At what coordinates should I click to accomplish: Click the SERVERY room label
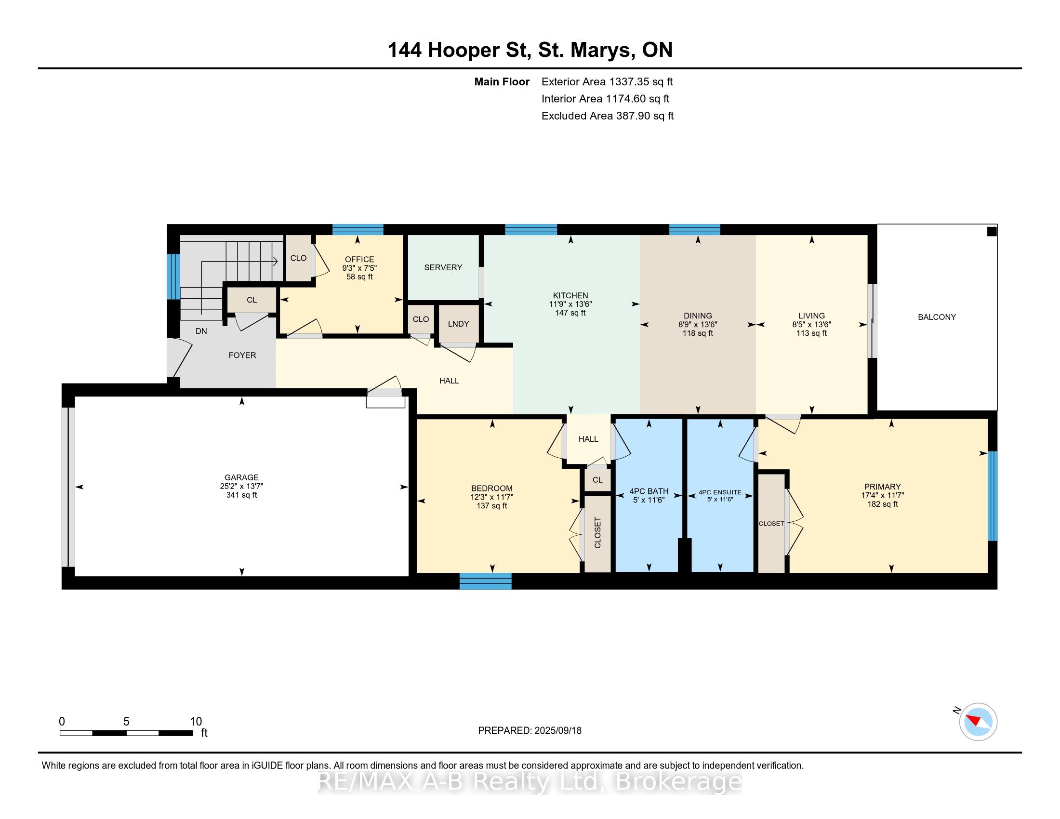pyautogui.click(x=443, y=267)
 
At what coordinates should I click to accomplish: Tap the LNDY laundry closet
pyautogui.click(x=458, y=324)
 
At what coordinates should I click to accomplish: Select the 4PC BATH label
pyautogui.click(x=649, y=491)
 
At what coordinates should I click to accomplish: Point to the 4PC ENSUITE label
pyautogui.click(x=720, y=492)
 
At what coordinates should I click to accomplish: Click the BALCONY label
pyautogui.click(x=937, y=317)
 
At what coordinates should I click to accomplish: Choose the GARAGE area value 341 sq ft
pyautogui.click(x=241, y=495)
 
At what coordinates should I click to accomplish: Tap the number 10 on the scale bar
pyautogui.click(x=196, y=721)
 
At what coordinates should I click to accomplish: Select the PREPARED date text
pyautogui.click(x=530, y=730)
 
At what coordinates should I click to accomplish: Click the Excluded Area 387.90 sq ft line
pyautogui.click(x=607, y=116)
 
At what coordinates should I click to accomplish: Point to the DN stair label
pyautogui.click(x=201, y=331)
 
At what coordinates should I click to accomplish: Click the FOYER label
pyautogui.click(x=242, y=355)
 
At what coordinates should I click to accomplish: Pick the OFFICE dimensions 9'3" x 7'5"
pyautogui.click(x=359, y=268)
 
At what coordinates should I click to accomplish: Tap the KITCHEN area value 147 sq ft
pyautogui.click(x=570, y=313)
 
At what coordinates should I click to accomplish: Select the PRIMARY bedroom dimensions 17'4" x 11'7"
pyautogui.click(x=882, y=495)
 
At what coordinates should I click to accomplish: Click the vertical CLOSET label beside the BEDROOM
pyautogui.click(x=597, y=533)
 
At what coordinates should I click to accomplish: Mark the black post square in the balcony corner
pyautogui.click(x=992, y=231)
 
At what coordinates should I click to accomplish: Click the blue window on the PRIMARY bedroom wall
pyautogui.click(x=993, y=496)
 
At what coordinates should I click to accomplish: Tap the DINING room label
pyautogui.click(x=698, y=316)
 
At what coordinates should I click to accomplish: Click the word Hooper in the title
pyautogui.click(x=464, y=51)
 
